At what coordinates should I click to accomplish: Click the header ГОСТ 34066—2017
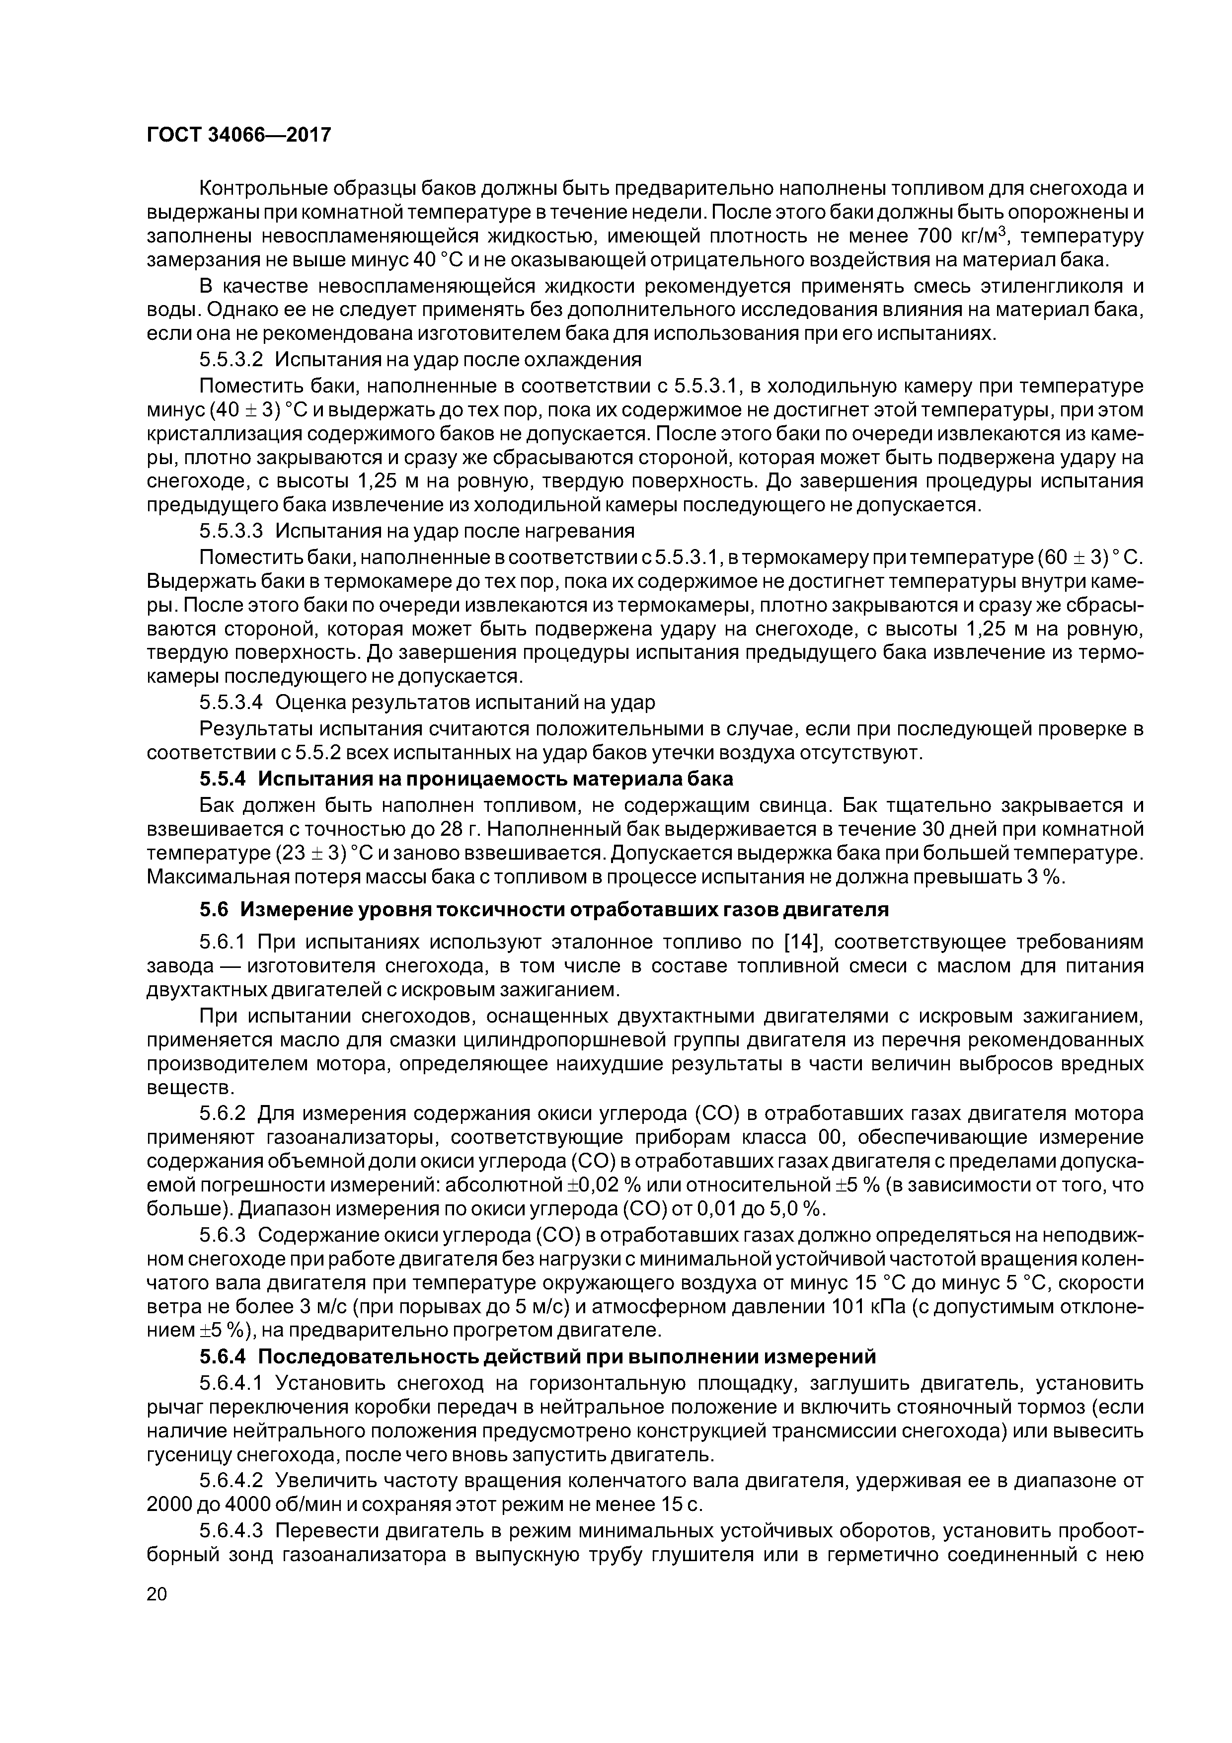click(x=239, y=135)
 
